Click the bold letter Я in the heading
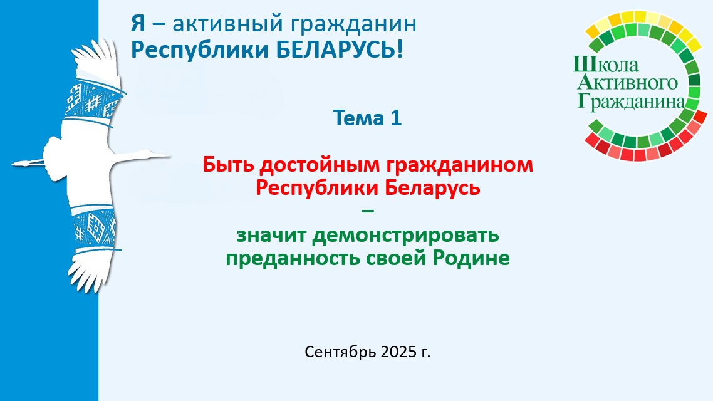(x=138, y=24)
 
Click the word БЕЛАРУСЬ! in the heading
(x=340, y=49)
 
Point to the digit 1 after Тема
(x=395, y=118)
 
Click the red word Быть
(x=228, y=164)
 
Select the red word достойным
(x=320, y=165)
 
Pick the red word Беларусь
(x=432, y=188)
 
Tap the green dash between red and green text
(x=367, y=211)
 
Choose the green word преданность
(x=293, y=259)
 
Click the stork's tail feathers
(x=28, y=162)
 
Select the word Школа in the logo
(x=606, y=65)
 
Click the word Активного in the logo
(x=628, y=83)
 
